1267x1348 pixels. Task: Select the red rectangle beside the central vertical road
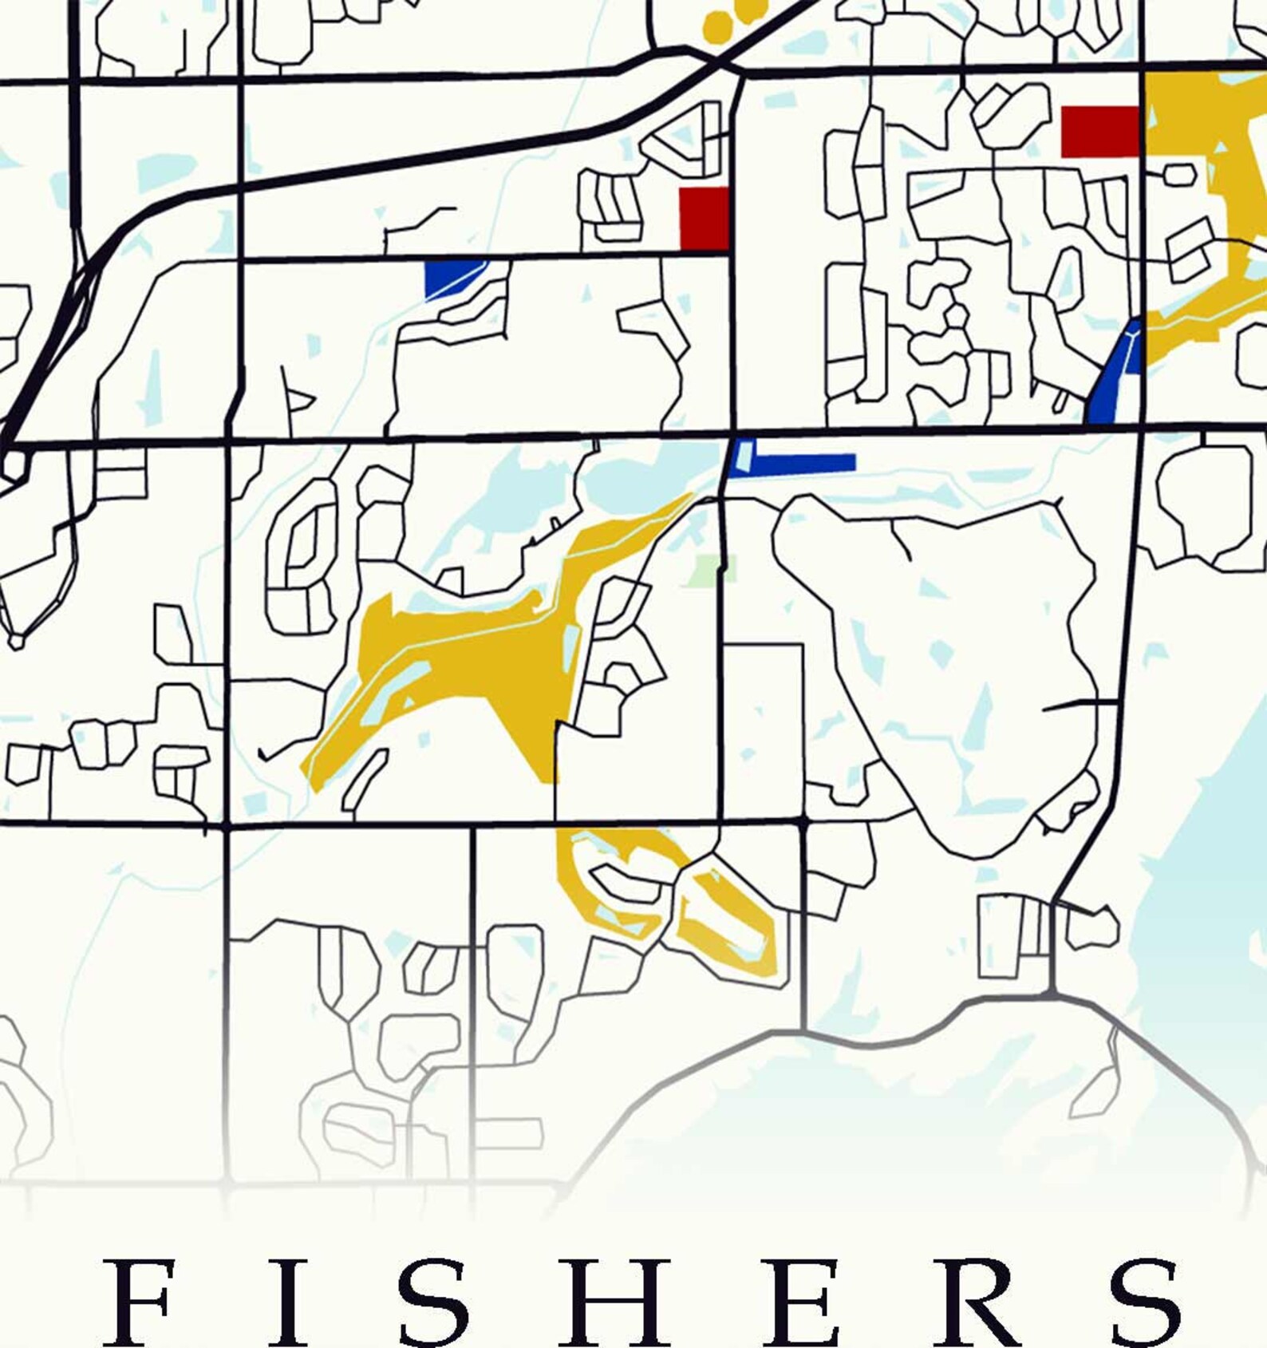[704, 219]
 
